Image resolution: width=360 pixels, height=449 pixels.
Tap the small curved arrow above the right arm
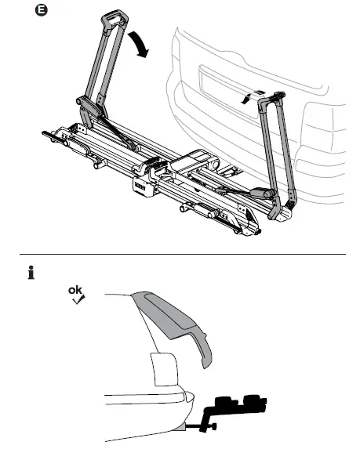click(x=249, y=96)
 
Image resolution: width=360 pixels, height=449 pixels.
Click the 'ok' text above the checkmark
click(x=75, y=291)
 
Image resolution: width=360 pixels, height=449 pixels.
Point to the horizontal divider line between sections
click(x=180, y=255)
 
